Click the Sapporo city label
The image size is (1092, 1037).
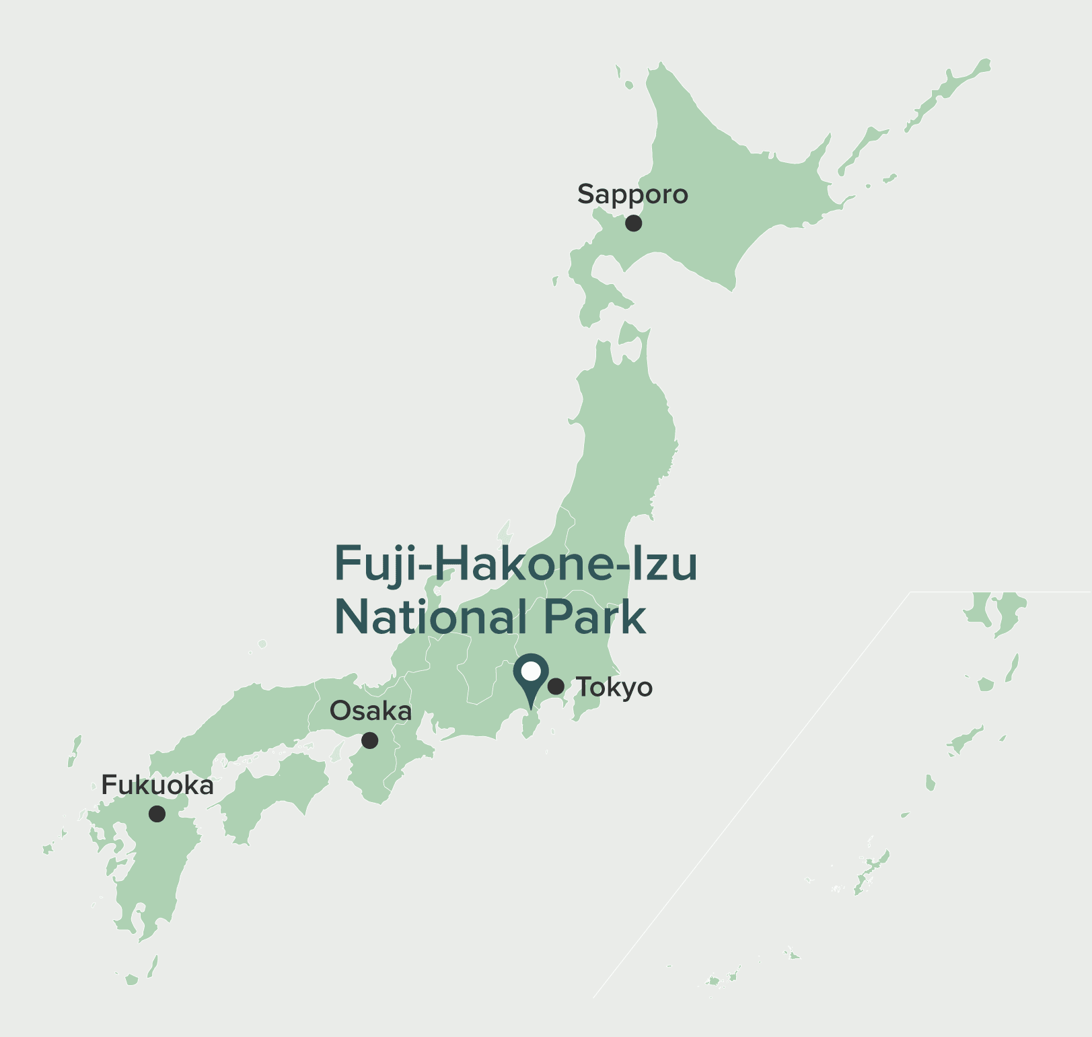pos(632,194)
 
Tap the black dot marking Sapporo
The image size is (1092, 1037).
pos(633,223)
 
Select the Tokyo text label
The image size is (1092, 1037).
pos(614,688)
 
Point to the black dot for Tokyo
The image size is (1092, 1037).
pos(556,686)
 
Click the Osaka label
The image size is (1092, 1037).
pos(371,711)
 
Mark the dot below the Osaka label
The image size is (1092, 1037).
pos(369,740)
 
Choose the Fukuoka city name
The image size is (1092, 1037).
pos(157,785)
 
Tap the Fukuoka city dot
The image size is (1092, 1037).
pos(157,814)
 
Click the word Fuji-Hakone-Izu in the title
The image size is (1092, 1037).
pos(516,564)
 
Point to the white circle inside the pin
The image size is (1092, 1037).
pos(531,671)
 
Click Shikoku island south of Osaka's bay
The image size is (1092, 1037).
pos(276,794)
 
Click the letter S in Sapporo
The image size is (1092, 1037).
pos(585,194)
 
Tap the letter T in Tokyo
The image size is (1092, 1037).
pos(583,686)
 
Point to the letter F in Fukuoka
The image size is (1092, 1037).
pos(108,785)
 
